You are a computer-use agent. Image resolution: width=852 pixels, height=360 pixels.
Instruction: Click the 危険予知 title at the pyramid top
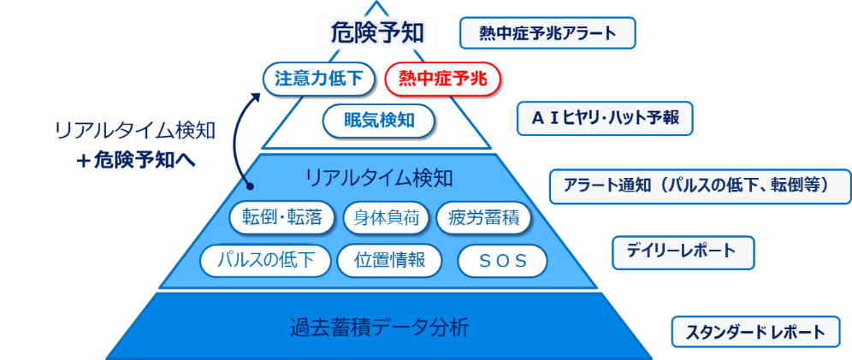click(x=377, y=33)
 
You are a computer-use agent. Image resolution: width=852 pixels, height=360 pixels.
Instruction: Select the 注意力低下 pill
click(x=318, y=79)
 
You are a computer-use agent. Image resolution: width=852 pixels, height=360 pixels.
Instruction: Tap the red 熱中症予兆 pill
click(x=442, y=80)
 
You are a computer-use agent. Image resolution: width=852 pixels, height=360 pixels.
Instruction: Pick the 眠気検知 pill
click(x=378, y=120)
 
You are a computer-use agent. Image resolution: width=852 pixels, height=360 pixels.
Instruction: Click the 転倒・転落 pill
click(x=282, y=218)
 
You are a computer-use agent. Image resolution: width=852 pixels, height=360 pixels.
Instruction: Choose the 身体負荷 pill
click(x=385, y=218)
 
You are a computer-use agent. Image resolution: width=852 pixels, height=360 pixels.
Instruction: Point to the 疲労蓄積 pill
click(x=483, y=218)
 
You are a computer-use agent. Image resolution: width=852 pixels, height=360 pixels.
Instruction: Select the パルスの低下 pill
click(x=265, y=260)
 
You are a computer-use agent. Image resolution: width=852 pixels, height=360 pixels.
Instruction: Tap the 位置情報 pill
click(x=390, y=260)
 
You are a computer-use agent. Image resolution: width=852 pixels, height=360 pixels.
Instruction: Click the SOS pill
click(x=501, y=261)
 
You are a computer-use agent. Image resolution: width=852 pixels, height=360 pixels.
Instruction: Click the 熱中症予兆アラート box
click(x=548, y=33)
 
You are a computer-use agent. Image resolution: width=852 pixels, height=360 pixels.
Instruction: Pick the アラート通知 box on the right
click(x=701, y=185)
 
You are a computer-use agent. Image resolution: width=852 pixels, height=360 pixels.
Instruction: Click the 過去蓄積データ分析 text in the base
click(x=379, y=327)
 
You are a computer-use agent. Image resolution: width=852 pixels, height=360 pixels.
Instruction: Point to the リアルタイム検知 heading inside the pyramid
click(x=378, y=178)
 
